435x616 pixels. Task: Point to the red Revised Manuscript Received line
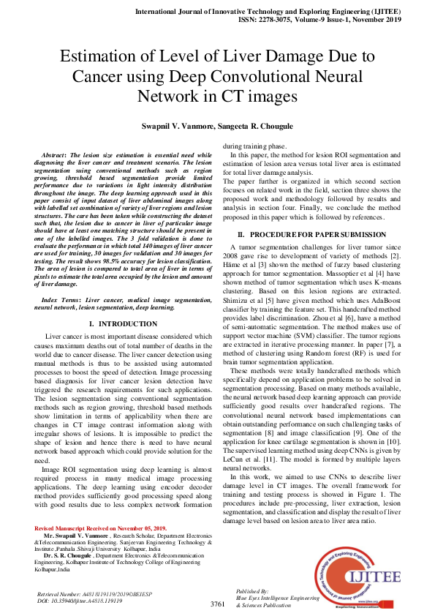tap(100, 528)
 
